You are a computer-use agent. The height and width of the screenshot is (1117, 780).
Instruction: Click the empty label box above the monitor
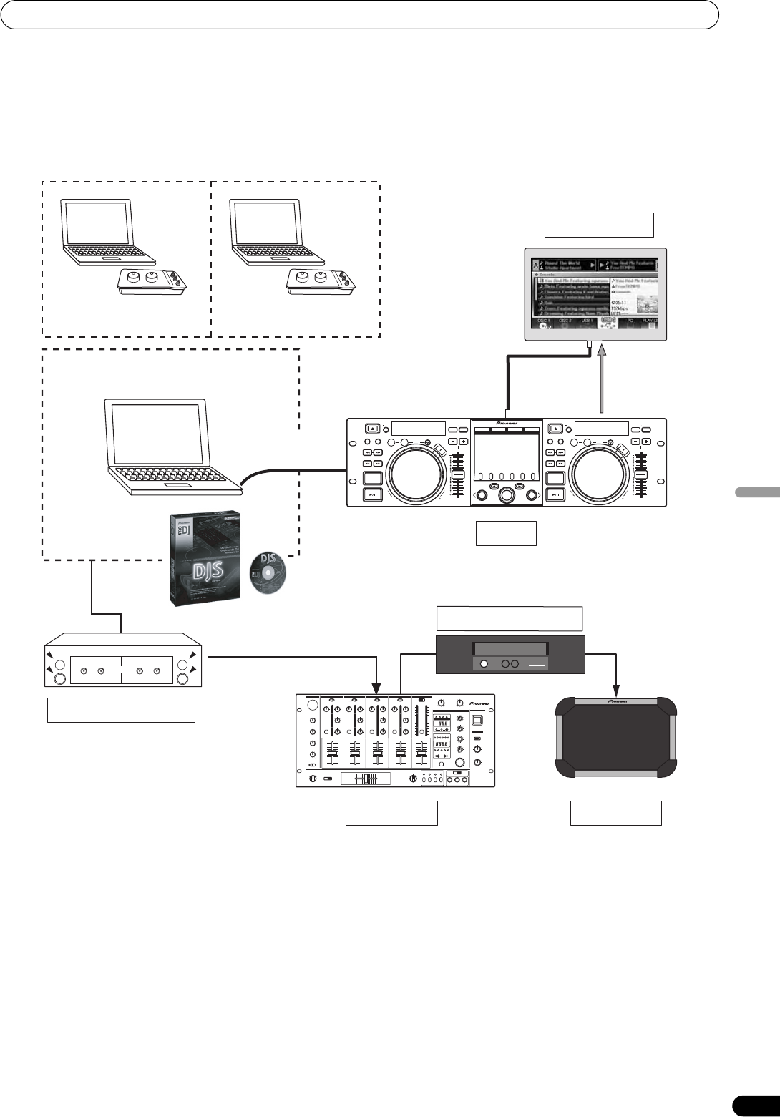point(599,225)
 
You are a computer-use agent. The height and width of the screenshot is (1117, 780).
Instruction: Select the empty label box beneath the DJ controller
point(507,533)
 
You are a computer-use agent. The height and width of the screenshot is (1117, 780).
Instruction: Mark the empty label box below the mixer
point(391,813)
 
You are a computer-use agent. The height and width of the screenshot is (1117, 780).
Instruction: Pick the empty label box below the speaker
point(615,813)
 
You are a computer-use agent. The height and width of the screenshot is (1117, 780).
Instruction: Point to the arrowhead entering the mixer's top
point(377,689)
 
